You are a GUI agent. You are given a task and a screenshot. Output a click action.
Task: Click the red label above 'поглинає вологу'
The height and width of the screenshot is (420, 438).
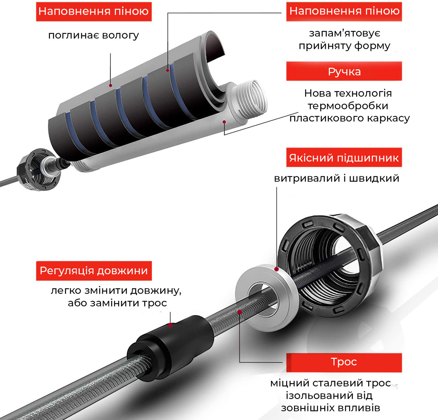point(94,12)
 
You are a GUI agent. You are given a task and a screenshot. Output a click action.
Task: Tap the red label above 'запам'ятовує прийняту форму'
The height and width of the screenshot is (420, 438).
point(344,12)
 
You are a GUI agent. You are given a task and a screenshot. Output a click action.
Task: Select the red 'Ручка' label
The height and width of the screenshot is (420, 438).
point(344,72)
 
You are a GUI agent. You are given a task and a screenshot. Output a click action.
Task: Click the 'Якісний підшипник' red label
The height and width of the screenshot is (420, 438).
point(344,158)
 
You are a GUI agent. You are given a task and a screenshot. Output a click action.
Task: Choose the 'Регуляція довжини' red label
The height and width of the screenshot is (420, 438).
point(94,271)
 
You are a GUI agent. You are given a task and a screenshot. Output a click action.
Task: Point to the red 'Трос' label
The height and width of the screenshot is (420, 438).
point(344,362)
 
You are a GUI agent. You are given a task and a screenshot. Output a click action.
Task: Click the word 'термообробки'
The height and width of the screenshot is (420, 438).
point(348,106)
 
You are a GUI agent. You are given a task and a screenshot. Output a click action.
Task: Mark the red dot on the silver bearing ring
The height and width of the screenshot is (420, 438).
point(276,269)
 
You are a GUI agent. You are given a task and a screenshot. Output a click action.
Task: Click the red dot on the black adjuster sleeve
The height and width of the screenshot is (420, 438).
point(170,324)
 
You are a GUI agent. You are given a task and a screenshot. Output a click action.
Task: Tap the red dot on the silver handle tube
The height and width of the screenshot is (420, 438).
point(224,122)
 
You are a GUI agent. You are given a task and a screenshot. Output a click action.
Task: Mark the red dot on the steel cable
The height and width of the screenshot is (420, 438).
point(240,312)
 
